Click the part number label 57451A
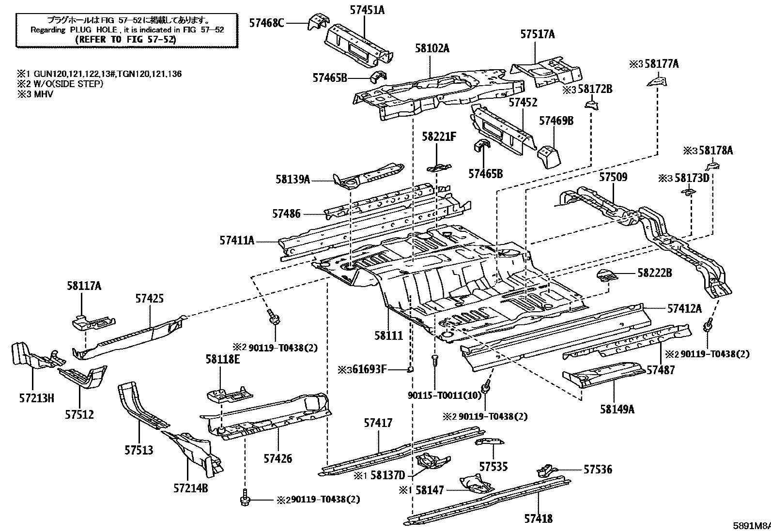[x=367, y=10]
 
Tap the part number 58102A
[x=432, y=48]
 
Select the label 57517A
[x=537, y=34]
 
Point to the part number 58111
[x=388, y=335]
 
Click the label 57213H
[x=36, y=398]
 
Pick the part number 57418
[x=539, y=518]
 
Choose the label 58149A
[x=617, y=409]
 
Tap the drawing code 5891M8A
[x=752, y=526]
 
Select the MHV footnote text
[x=44, y=94]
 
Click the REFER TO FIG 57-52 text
[x=125, y=39]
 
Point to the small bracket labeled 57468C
[x=318, y=22]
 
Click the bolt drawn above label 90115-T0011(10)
[x=435, y=361]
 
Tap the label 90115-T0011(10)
[x=445, y=395]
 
